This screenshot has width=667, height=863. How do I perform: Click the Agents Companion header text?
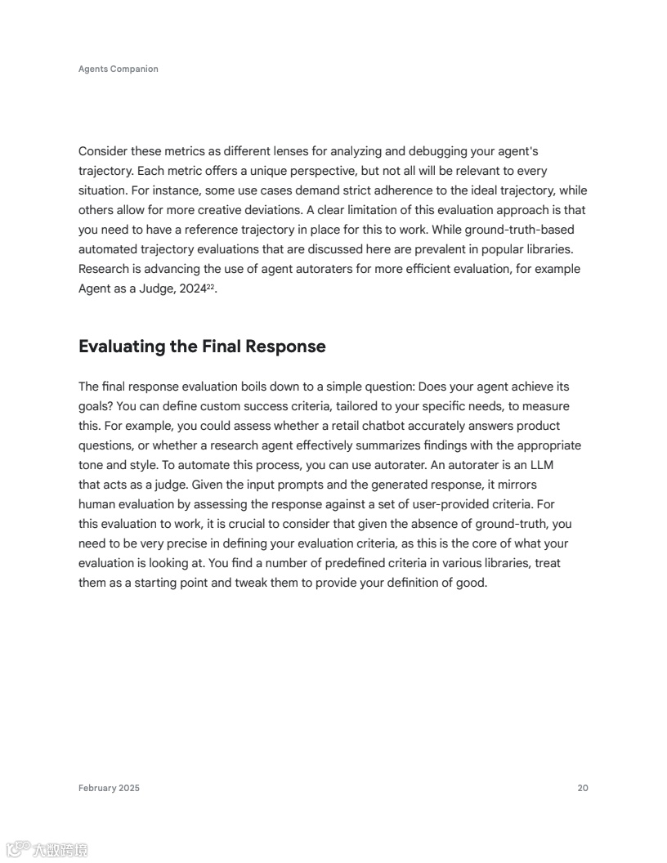[x=119, y=69]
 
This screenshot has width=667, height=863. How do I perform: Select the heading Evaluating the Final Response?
[x=202, y=347]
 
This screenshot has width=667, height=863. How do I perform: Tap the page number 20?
[x=583, y=788]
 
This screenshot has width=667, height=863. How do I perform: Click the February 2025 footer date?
[x=109, y=788]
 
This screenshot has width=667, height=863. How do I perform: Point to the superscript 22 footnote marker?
[x=210, y=285]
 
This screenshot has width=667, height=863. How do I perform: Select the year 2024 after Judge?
[x=192, y=288]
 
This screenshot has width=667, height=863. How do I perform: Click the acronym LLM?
[x=543, y=465]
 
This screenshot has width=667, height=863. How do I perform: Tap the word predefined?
[x=356, y=563]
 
